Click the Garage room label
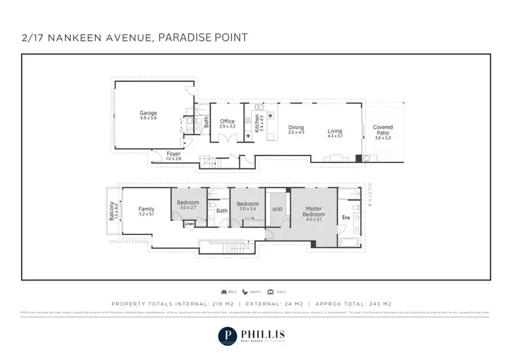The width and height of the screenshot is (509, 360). pyautogui.click(x=149, y=113)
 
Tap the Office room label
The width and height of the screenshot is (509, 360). pyautogui.click(x=227, y=122)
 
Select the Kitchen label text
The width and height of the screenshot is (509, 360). pyautogui.click(x=257, y=122)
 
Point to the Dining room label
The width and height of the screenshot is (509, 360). pyautogui.click(x=296, y=127)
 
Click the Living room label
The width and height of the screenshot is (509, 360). pyautogui.click(x=335, y=131)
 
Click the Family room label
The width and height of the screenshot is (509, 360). pyautogui.click(x=147, y=209)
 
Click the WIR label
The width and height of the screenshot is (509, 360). pyautogui.click(x=277, y=210)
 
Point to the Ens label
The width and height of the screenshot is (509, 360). pyautogui.click(x=345, y=217)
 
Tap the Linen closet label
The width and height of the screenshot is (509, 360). pyautogui.click(x=189, y=224)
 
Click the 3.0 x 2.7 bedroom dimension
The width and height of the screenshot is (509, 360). pyautogui.click(x=188, y=209)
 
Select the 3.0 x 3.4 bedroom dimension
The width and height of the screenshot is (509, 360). pyautogui.click(x=247, y=209)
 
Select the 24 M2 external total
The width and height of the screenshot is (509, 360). pyautogui.click(x=286, y=304)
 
